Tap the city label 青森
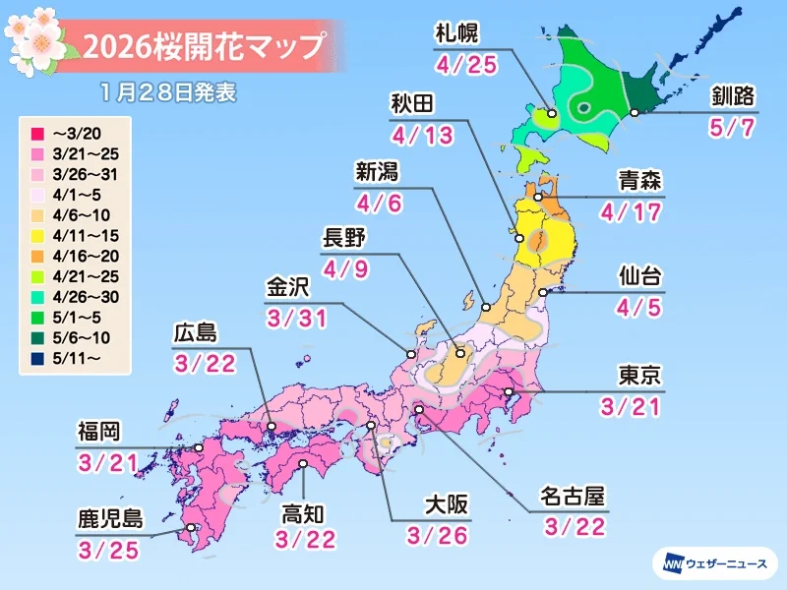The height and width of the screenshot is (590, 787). coord(638,180)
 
